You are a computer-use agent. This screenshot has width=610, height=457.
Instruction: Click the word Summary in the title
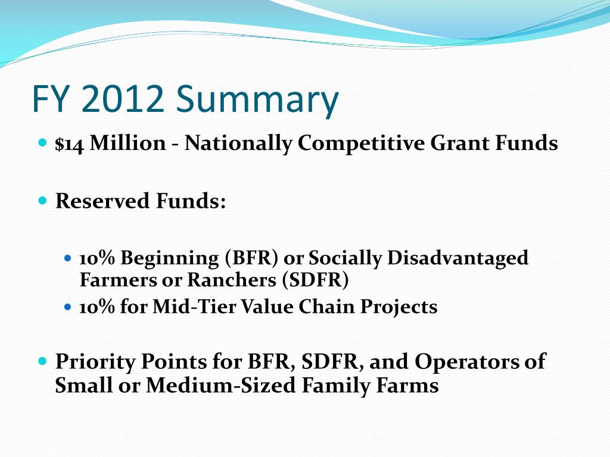(257, 99)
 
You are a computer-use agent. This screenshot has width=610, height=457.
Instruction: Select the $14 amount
(69, 144)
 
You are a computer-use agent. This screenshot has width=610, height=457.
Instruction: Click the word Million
(128, 143)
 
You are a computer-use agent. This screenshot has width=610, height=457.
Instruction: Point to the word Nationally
(238, 144)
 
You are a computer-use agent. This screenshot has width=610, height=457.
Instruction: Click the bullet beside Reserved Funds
(43, 201)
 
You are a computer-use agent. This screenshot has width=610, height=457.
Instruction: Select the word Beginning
(169, 259)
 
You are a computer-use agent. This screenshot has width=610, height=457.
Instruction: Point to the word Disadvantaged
(458, 259)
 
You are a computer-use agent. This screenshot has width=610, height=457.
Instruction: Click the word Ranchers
(232, 280)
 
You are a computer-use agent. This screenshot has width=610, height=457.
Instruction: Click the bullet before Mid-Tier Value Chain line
(68, 307)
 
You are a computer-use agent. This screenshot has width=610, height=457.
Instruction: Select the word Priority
(95, 362)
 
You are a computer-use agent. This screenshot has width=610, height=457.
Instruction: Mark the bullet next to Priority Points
(43, 361)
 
